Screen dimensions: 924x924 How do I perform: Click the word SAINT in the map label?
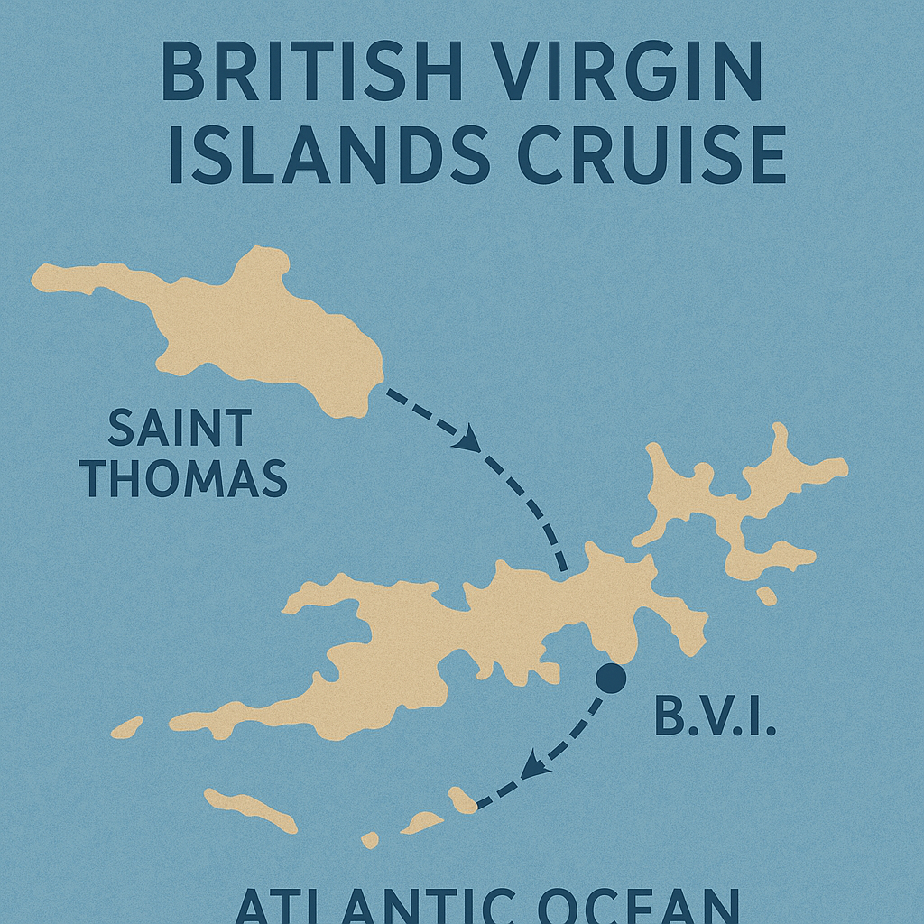point(179,429)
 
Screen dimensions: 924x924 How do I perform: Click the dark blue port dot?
point(611,678)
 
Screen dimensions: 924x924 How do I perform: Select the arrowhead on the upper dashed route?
point(469,441)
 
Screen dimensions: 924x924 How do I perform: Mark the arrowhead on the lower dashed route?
point(536,768)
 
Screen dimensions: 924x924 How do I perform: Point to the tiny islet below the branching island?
point(766,596)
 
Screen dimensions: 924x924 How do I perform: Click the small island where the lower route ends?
point(462,799)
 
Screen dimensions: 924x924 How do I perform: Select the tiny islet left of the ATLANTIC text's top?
point(369,840)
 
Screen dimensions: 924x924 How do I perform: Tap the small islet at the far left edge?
point(126,727)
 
